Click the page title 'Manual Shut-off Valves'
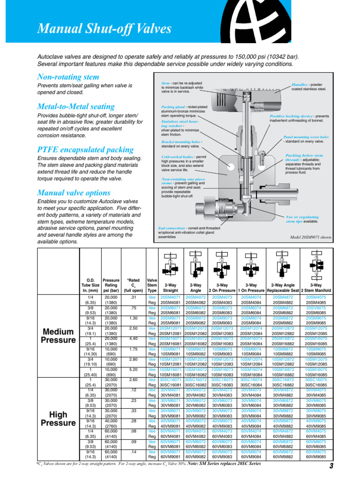click(104, 29)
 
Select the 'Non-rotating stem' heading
click(68, 77)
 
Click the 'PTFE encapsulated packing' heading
click(85, 150)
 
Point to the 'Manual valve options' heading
click(74, 193)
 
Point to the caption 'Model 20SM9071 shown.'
click(311, 237)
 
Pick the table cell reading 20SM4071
click(171, 297)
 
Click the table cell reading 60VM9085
click(315, 456)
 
